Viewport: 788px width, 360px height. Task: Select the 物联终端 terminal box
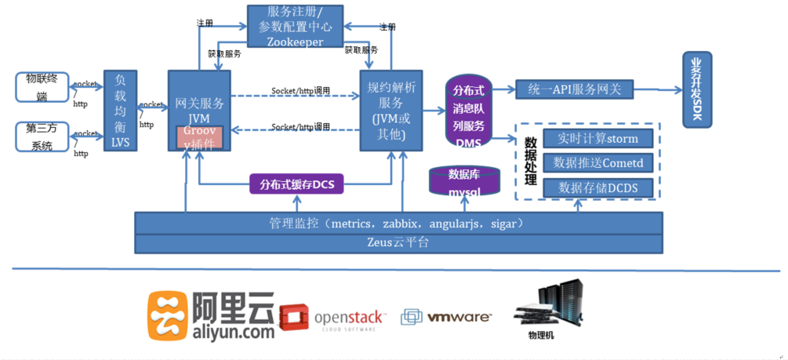(42, 86)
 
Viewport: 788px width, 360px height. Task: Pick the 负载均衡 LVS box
(120, 110)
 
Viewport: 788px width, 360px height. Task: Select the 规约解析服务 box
(391, 110)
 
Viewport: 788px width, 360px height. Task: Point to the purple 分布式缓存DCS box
(296, 185)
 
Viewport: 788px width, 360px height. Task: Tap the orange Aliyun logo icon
(167, 315)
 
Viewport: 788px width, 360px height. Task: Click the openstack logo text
(350, 318)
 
